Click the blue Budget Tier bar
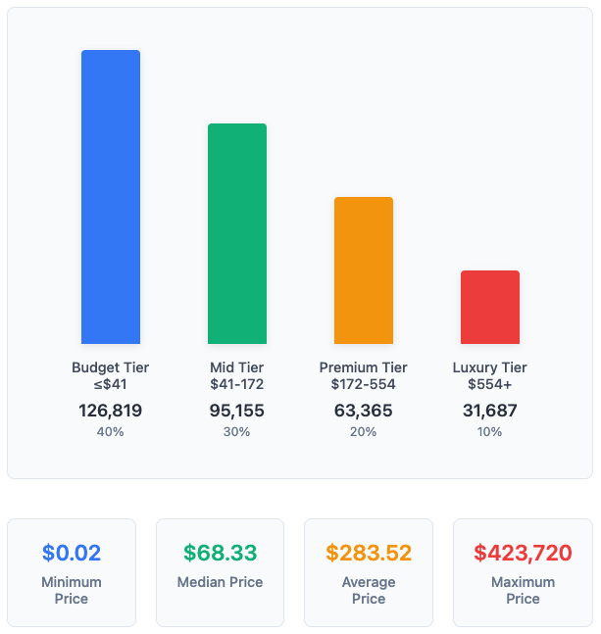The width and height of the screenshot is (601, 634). (111, 197)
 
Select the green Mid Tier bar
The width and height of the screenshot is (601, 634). (237, 233)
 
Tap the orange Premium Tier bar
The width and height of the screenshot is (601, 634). (364, 270)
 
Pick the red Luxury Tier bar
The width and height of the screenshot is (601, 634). (490, 307)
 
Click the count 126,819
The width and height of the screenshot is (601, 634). (111, 411)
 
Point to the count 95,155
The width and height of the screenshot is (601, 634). (237, 411)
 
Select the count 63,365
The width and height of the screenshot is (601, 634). (364, 411)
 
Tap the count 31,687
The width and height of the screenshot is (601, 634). (490, 411)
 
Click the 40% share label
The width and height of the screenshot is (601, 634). (111, 432)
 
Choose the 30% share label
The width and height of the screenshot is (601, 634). (237, 432)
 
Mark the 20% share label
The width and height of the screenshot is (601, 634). (364, 432)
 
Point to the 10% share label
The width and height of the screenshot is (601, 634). (490, 432)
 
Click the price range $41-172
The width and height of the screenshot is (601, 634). (237, 384)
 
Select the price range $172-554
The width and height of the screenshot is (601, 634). (364, 384)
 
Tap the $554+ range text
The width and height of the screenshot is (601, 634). (490, 384)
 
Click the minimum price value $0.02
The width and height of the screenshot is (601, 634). (72, 553)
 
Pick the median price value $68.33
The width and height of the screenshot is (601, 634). (220, 553)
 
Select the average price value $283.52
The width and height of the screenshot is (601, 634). (369, 553)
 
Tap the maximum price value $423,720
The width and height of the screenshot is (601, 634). (523, 553)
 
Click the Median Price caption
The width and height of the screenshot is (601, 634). (220, 582)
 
